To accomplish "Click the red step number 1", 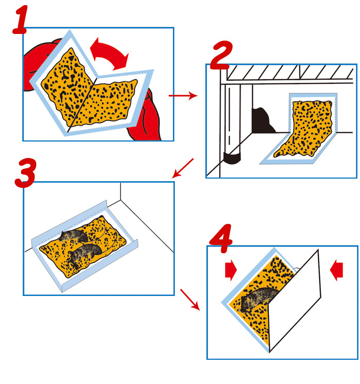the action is point(20,20).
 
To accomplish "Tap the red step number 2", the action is point(222,56).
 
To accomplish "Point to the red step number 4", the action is point(221,238).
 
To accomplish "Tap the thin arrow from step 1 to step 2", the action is point(183,96).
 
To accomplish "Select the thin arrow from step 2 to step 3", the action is point(183,168).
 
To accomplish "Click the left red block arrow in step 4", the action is point(231,270).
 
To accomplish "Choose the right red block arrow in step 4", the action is point(336,270).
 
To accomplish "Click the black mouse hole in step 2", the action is point(262,120).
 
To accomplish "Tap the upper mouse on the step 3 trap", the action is point(74,236).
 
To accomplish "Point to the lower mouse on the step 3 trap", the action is point(84,255).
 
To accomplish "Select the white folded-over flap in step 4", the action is point(295,300).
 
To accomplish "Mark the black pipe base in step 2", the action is point(232,158).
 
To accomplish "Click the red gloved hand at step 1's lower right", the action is point(145,116).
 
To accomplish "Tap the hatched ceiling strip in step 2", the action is point(290,73).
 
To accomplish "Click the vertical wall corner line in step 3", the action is point(121,191).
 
